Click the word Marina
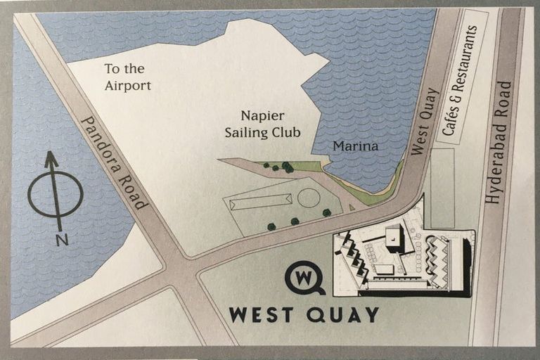[356, 147]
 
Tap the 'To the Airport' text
[127, 77]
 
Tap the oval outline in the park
[308, 198]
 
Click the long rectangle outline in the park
[261, 203]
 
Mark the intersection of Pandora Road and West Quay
[184, 271]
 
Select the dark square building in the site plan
[394, 238]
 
